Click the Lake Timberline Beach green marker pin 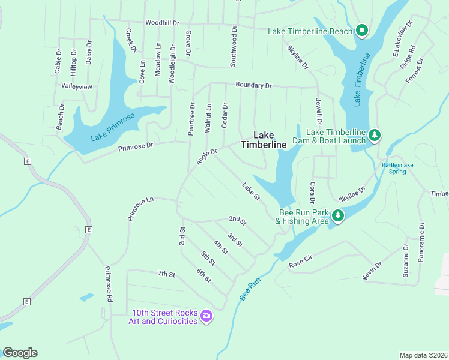click(361, 29)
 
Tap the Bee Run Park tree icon click(338, 215)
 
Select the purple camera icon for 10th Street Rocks click(206, 316)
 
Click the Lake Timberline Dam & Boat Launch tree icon click(375, 135)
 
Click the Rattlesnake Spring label click(397, 168)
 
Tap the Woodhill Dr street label click(163, 23)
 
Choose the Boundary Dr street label click(253, 86)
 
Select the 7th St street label click(166, 274)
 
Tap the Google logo click(20, 353)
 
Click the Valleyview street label click(77, 86)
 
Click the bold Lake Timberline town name click(264, 140)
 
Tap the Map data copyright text click(423, 355)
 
